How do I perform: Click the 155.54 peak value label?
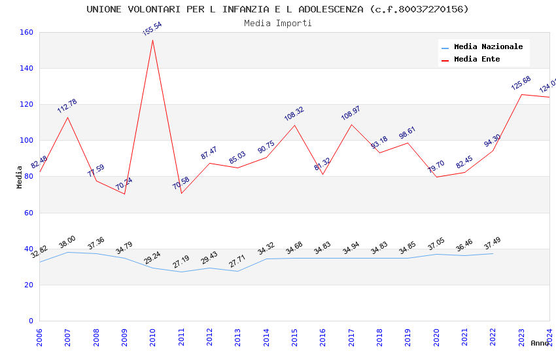click(152, 29)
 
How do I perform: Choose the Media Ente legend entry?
click(477, 60)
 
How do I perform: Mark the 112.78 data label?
click(67, 106)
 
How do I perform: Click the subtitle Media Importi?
click(278, 23)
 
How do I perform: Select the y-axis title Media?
click(20, 177)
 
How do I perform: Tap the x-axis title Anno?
click(540, 343)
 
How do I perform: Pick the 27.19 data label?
click(181, 262)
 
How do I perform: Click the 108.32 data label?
click(294, 114)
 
